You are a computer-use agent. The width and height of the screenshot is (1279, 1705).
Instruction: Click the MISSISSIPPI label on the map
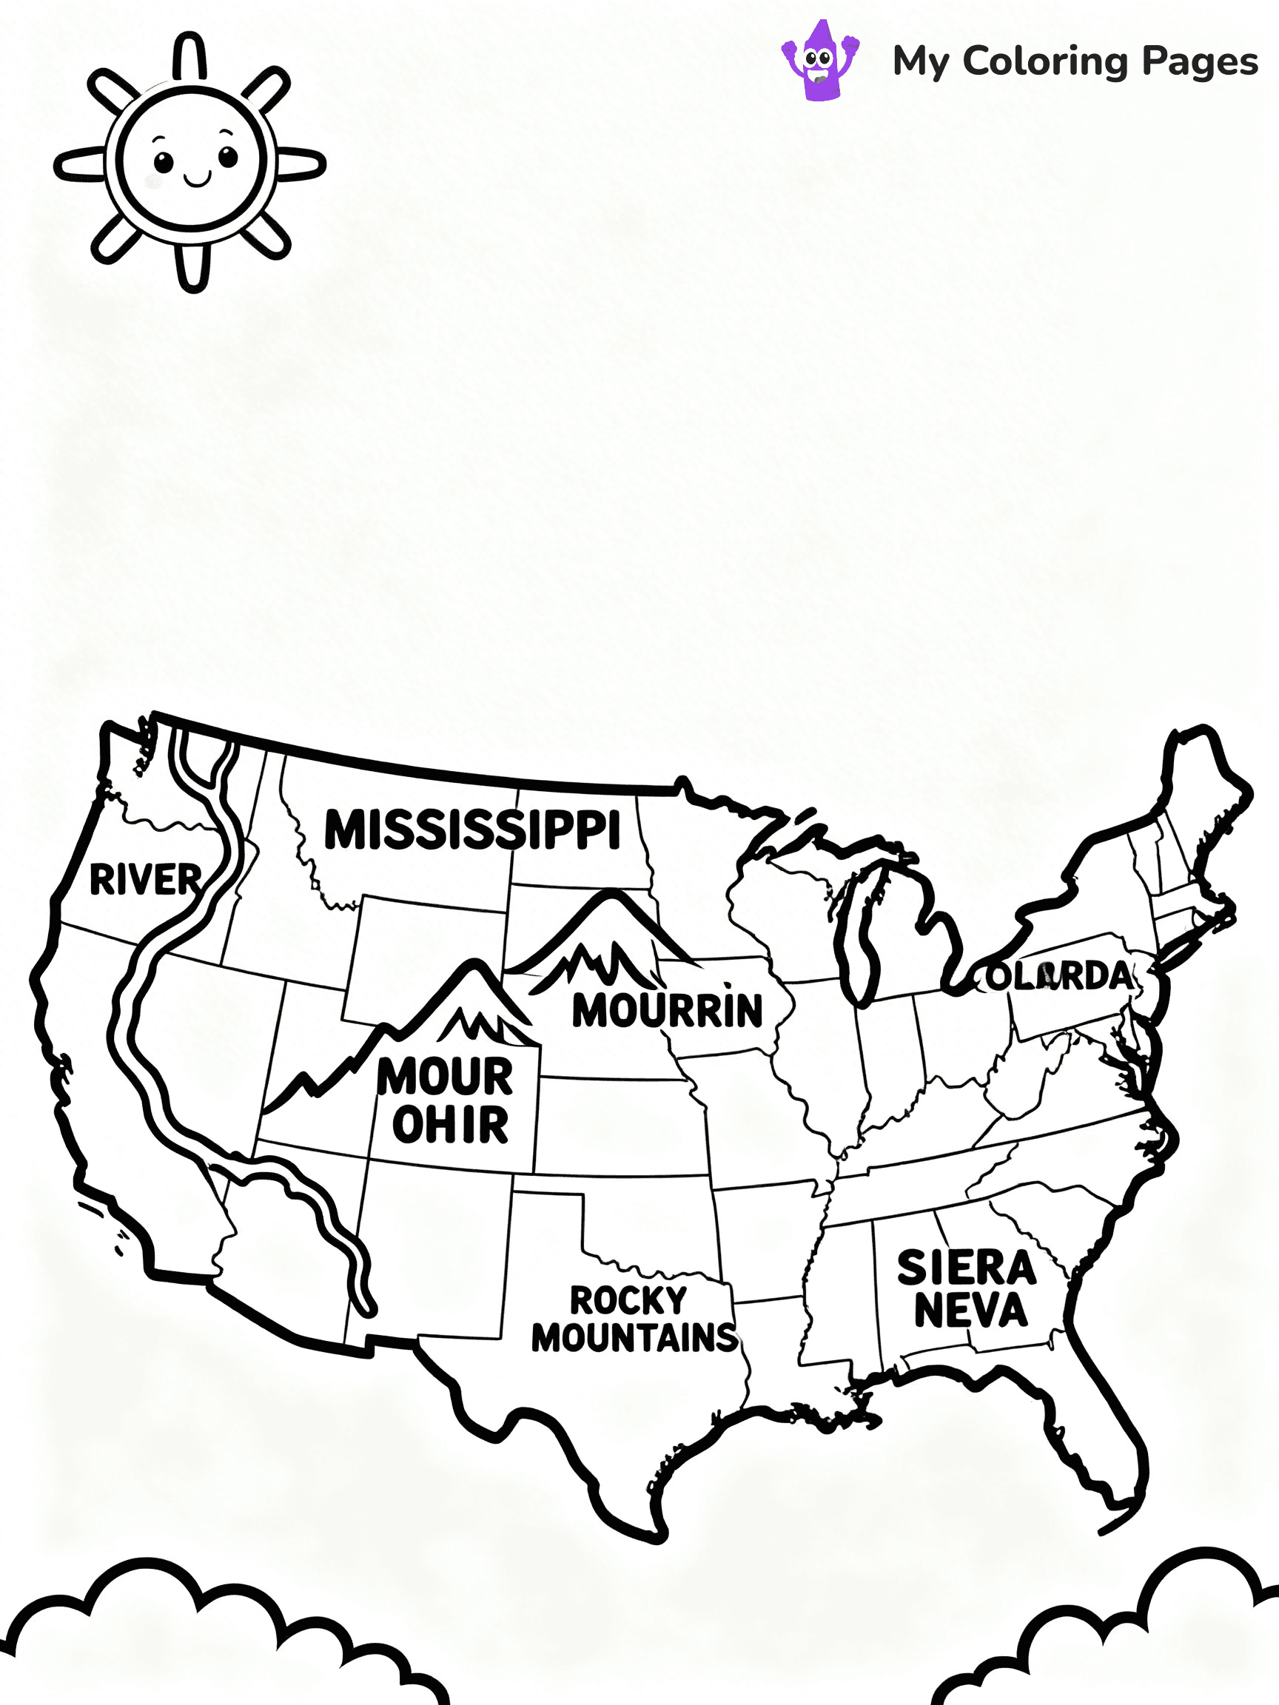[471, 830]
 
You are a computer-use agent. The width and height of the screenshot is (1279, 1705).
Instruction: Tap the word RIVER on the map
[145, 879]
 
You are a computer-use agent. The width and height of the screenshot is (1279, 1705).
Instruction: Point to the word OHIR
[450, 1125]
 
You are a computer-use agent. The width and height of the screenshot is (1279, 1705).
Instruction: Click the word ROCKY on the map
[628, 1300]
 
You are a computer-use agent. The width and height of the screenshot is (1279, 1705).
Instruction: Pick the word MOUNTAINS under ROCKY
[634, 1337]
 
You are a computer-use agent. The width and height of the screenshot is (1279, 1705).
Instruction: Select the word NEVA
[970, 1310]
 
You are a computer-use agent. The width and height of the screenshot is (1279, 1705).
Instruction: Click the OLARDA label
[1060, 977]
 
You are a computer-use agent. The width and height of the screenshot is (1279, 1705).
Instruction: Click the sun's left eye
[164, 163]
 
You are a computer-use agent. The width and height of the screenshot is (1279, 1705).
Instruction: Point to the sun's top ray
[189, 56]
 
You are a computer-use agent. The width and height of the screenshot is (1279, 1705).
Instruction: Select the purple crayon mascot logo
[820, 60]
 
